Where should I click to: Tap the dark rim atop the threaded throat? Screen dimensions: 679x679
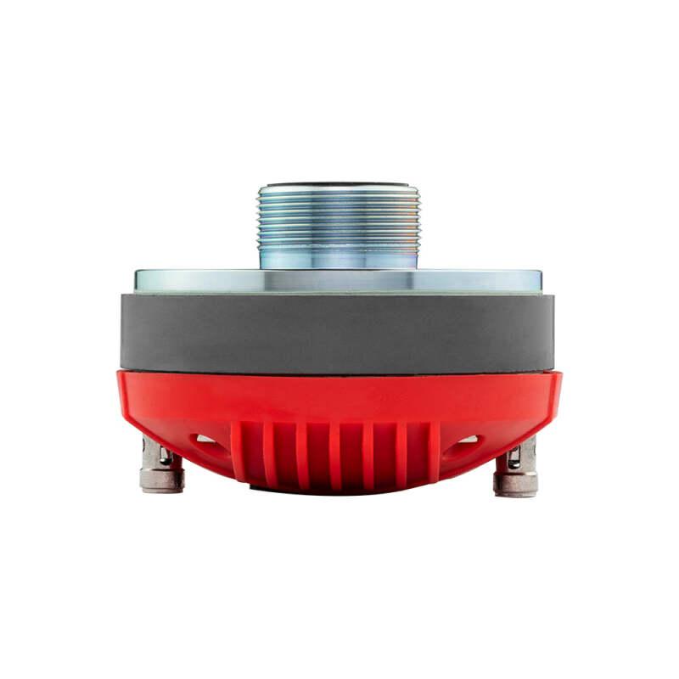pyautogui.click(x=338, y=182)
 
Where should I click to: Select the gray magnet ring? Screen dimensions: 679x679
pyautogui.click(x=338, y=332)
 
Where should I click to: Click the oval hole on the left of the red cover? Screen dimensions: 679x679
pyautogui.click(x=206, y=440)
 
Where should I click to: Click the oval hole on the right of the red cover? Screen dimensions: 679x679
pyautogui.click(x=469, y=440)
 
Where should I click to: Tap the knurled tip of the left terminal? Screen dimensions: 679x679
pyautogui.click(x=162, y=481)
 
